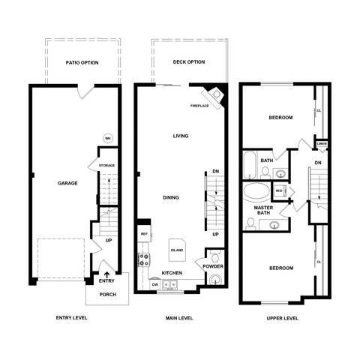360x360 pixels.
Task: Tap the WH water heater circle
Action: click(107, 138)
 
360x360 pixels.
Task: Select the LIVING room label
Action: click(180, 136)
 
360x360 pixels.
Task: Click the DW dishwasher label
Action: click(154, 285)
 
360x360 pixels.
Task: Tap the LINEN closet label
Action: click(322, 143)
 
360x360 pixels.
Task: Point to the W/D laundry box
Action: click(279, 190)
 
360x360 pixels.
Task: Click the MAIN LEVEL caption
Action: click(180, 318)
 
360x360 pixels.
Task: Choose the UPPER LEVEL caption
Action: click(283, 318)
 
